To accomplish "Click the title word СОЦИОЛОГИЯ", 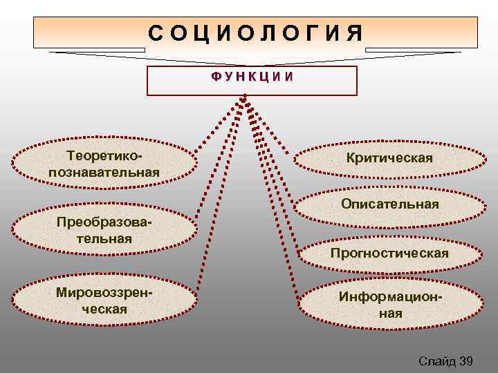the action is click(256, 32).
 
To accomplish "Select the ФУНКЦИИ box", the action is click(252, 80).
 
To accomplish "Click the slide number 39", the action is click(465, 361).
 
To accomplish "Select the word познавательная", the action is click(104, 171).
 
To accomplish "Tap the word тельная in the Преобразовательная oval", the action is click(104, 239).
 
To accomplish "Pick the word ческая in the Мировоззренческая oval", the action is click(104, 309).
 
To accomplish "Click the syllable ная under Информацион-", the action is click(389, 313).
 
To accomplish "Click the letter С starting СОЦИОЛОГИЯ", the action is click(156, 32).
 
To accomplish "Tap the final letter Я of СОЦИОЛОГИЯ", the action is click(356, 32).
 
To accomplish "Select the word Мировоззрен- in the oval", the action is click(104, 292).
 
